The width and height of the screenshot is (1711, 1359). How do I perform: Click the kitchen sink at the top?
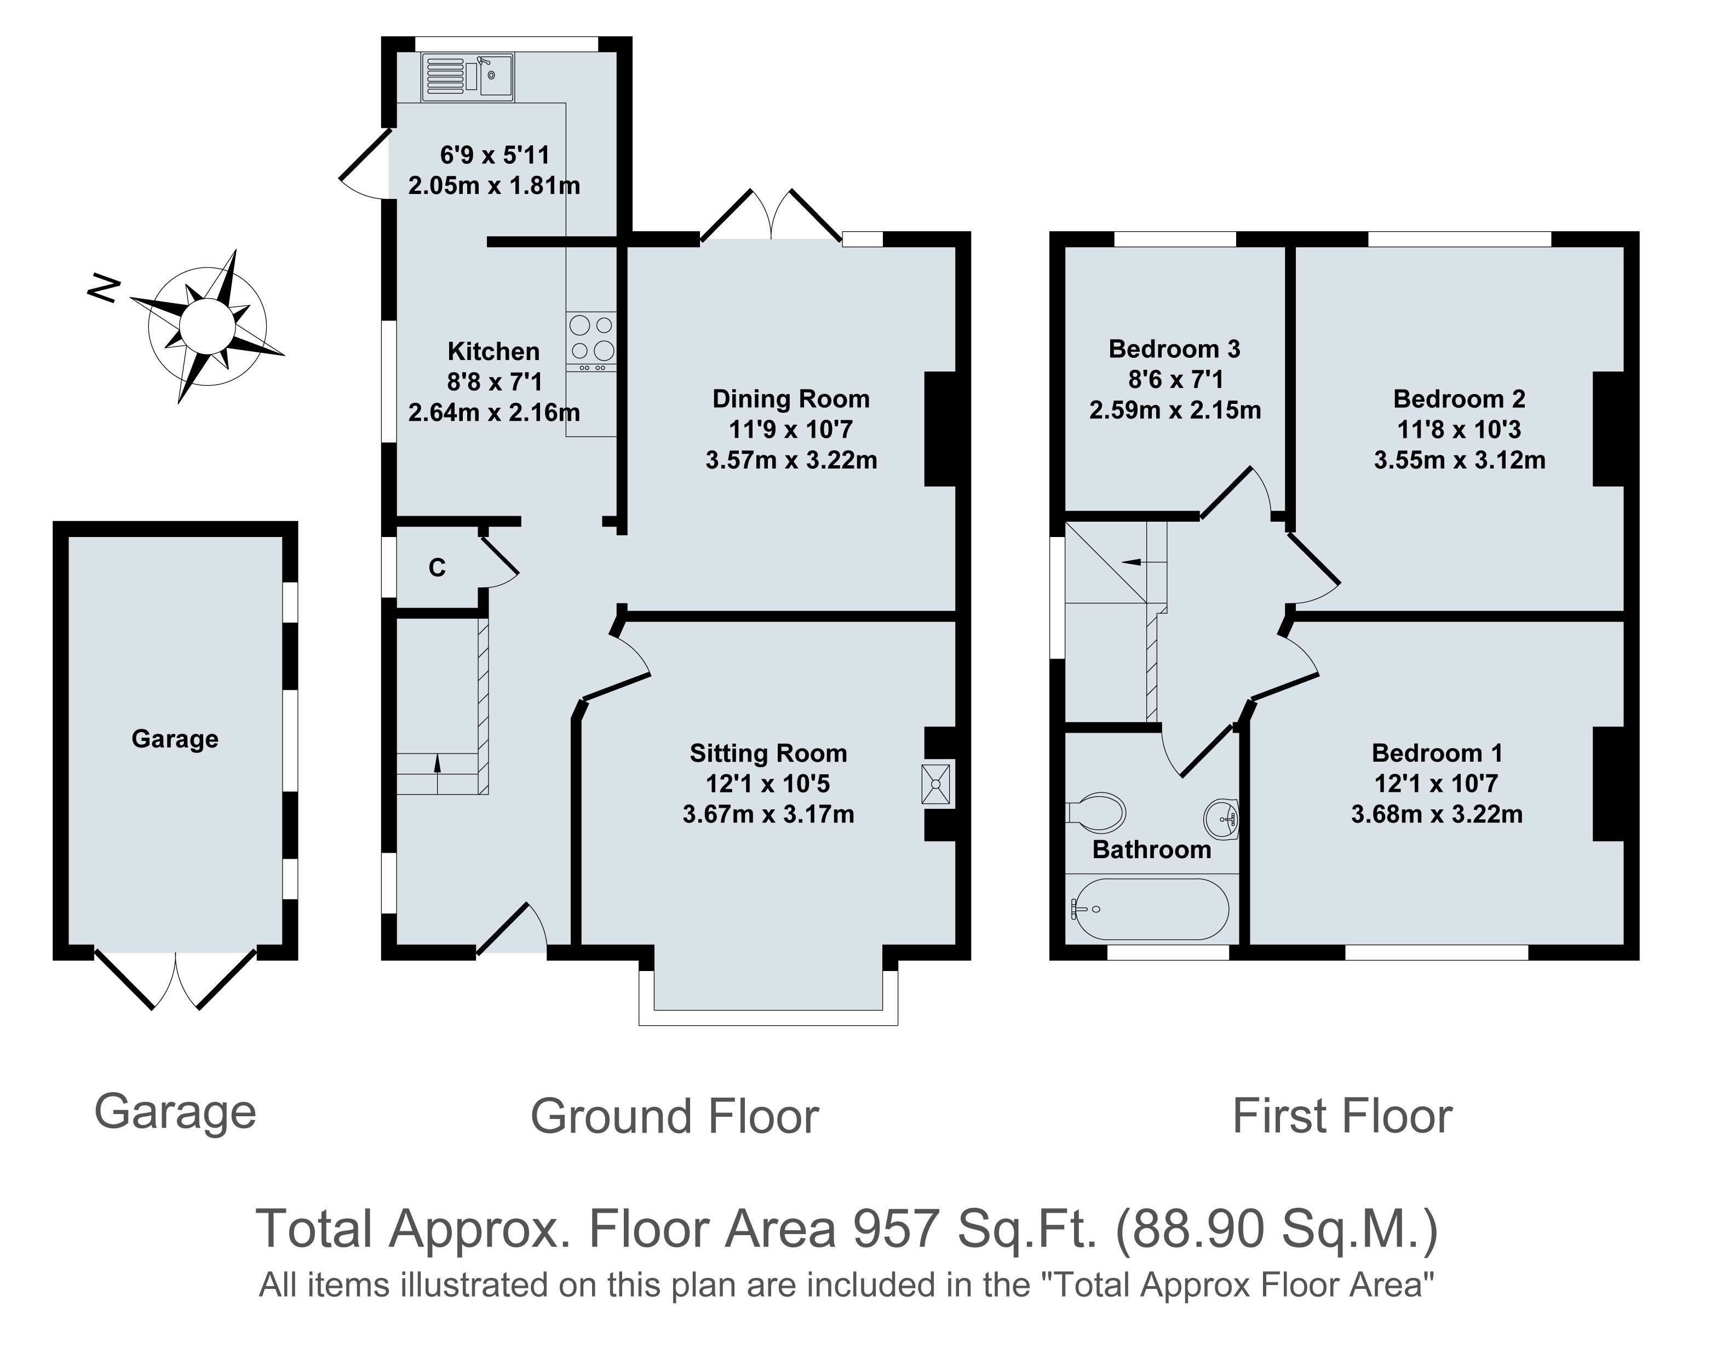coord(467,77)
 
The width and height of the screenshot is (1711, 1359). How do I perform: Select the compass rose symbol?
coord(207,326)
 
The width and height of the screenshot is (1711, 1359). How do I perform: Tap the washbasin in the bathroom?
coord(1221,818)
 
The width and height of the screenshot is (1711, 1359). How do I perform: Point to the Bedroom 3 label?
coord(1174,349)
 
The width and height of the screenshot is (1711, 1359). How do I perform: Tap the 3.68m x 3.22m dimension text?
coord(1437,814)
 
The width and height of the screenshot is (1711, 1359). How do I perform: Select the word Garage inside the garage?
coord(175,739)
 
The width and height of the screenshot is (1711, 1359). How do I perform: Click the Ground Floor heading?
coord(675,1116)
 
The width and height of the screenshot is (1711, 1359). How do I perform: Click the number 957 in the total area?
coord(897,1229)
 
